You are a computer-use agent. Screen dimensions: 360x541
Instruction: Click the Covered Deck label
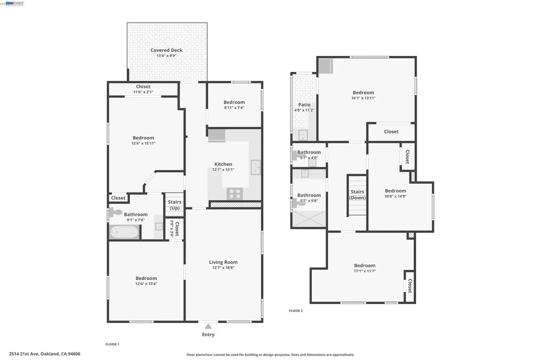[x=166, y=50]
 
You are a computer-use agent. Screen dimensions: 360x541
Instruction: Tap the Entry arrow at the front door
[x=208, y=326]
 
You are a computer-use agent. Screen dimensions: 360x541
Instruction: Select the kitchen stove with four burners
[x=235, y=194]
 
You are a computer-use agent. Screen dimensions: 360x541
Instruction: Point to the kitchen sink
[x=256, y=167]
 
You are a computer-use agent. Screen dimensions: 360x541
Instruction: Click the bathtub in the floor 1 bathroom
[x=125, y=232]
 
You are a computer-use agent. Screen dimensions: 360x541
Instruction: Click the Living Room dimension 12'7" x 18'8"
[x=223, y=268]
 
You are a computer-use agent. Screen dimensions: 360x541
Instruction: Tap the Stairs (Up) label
[x=174, y=205]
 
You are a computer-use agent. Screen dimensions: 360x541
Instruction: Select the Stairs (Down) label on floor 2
[x=357, y=195]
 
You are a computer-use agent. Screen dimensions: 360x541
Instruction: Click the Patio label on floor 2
[x=304, y=105]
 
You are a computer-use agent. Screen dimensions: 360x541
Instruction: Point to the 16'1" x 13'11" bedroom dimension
[x=363, y=98]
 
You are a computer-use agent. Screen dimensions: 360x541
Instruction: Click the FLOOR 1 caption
[x=112, y=344]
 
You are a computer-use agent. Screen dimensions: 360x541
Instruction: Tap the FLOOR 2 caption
[x=296, y=311]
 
